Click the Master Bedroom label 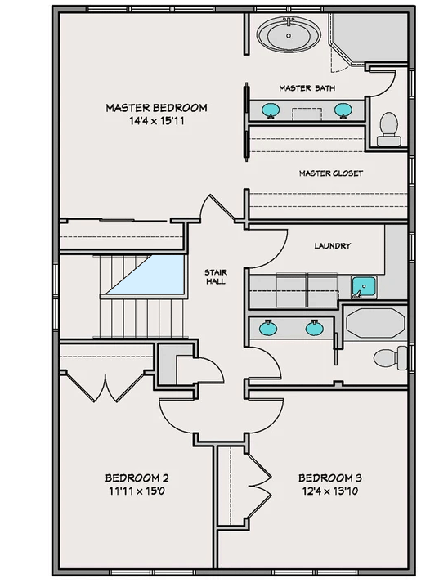tap(156, 108)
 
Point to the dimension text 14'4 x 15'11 tap(156, 122)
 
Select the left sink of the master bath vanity tap(269, 109)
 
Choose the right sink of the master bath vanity tap(344, 109)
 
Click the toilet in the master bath tap(389, 128)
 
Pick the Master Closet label tap(330, 173)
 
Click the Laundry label tap(332, 245)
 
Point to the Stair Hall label tap(217, 276)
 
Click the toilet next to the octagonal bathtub tap(390, 357)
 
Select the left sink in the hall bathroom tap(268, 329)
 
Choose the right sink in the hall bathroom tap(314, 329)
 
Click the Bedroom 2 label tap(137, 478)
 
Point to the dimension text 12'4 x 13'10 tap(329, 491)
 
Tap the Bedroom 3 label tap(329, 478)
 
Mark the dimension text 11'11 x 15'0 tap(137, 491)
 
